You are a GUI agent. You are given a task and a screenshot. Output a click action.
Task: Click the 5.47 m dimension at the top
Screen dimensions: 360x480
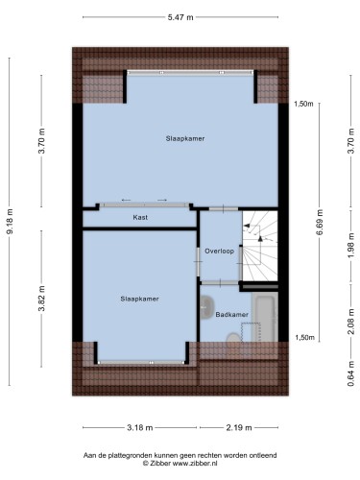point(180,17)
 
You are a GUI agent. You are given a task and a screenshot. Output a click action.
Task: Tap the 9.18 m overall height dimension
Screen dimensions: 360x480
point(10,221)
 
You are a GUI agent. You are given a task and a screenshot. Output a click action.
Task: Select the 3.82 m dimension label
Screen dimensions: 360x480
point(42,299)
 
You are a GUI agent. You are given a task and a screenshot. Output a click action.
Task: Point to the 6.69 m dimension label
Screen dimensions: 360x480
point(320,222)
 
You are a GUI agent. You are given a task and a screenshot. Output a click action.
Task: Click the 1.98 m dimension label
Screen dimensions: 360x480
point(351,246)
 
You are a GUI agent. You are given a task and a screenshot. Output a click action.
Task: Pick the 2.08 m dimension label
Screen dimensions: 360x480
point(351,322)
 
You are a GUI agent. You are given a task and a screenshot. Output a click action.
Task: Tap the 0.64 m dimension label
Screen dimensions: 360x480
point(351,373)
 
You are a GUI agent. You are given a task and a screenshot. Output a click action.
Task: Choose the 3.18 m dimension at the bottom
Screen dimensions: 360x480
point(140,427)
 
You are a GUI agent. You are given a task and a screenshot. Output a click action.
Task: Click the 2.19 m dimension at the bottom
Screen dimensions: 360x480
point(239,427)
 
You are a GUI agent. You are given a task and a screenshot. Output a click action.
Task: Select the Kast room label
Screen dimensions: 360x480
point(140,218)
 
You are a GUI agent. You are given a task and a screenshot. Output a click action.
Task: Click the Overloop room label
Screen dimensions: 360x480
point(220,252)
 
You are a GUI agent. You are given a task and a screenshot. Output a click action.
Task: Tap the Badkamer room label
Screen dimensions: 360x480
point(232,315)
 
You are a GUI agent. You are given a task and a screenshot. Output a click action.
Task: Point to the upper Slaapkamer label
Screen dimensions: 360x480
point(185,138)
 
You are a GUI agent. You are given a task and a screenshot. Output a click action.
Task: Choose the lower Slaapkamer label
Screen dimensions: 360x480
point(139,299)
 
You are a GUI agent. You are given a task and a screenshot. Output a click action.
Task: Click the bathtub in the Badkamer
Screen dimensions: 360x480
point(265,317)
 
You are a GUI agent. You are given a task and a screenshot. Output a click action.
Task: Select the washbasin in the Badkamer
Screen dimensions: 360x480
point(207,307)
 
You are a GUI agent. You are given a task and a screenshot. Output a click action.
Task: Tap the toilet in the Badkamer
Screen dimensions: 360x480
point(233,338)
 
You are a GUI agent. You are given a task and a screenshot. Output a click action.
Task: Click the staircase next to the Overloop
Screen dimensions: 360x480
point(260,246)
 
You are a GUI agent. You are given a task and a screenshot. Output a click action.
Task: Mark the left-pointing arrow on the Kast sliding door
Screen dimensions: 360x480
point(126,201)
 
